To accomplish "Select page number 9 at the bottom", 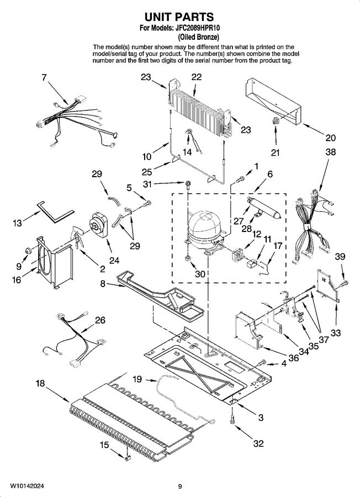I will tap(180, 486).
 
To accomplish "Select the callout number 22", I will tap(196, 78).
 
